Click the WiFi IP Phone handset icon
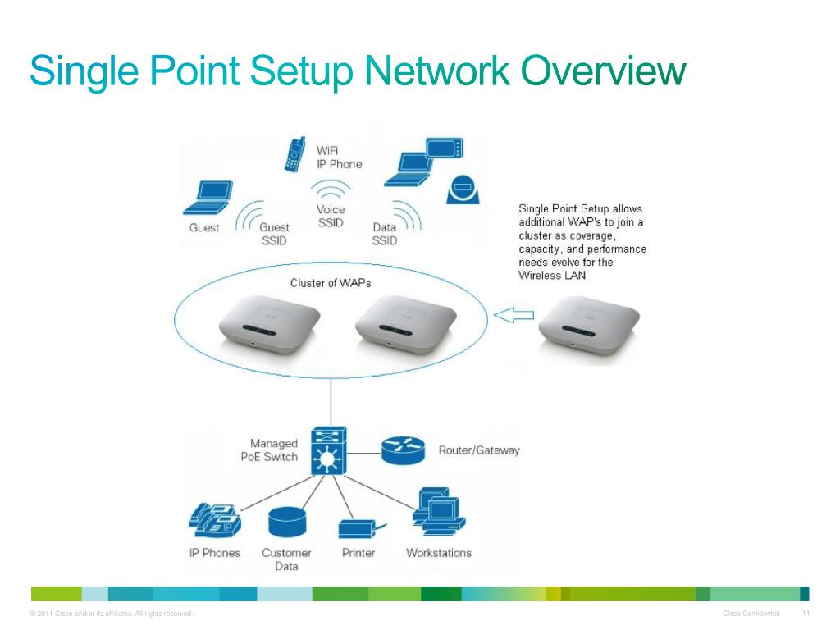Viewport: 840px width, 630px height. pos(293,155)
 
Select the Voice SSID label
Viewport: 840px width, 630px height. pos(331,217)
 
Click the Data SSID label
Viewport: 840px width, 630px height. pos(384,234)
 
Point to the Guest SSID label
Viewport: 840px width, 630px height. pos(274,234)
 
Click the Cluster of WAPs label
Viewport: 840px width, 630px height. pos(331,283)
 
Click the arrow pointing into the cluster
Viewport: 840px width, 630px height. pos(516,315)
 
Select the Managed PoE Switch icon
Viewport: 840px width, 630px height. pos(330,450)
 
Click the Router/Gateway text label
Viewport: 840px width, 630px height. pos(479,450)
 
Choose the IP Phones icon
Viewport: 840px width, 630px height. pos(215,518)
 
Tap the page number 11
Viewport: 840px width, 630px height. pos(806,614)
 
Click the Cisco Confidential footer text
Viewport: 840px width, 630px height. pos(751,614)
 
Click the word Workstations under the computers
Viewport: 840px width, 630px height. pos(439,553)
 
